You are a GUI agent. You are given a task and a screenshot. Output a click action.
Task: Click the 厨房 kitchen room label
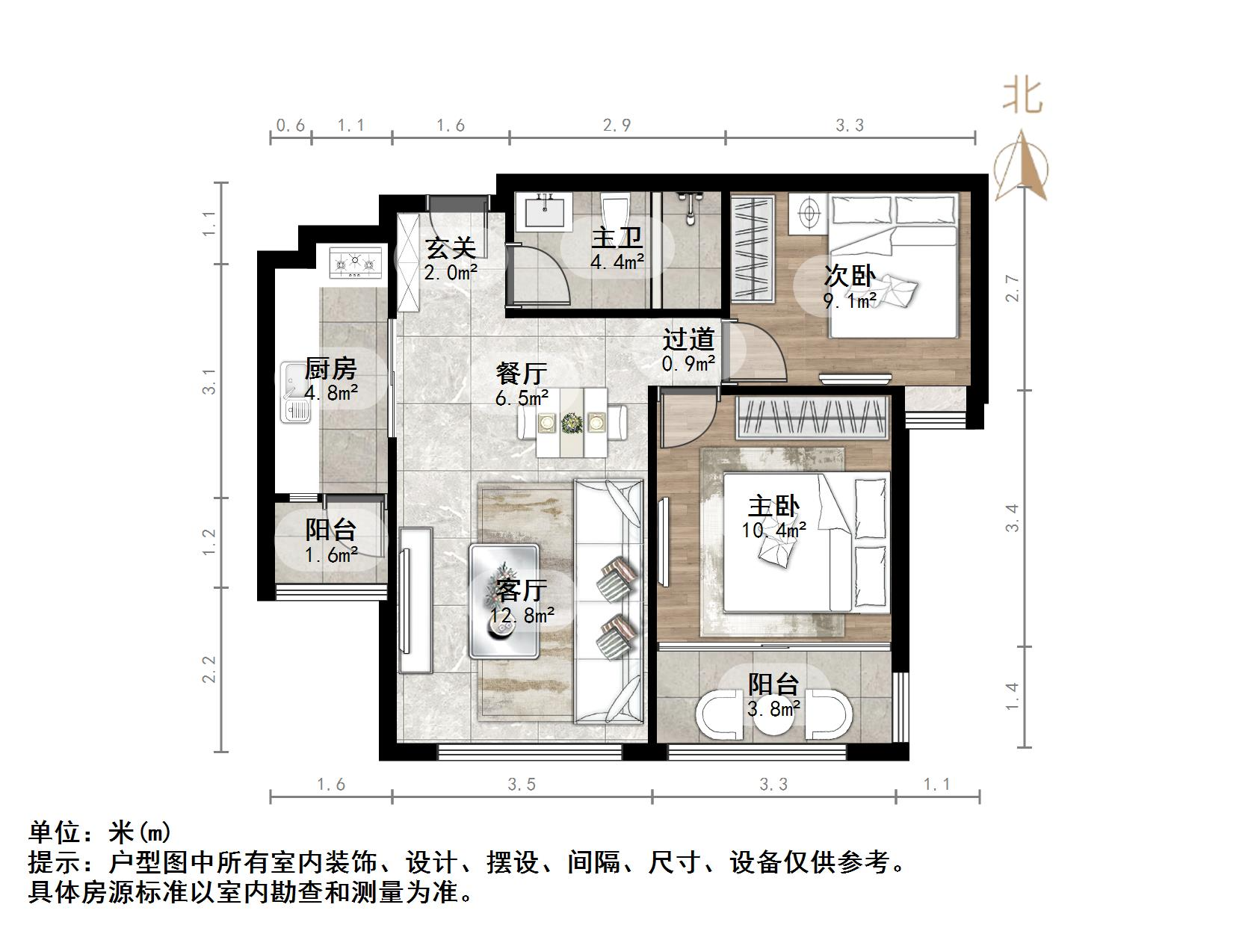point(330,369)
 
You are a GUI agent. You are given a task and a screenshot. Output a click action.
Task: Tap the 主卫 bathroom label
point(617,238)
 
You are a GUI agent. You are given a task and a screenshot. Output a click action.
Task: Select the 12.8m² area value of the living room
point(522,615)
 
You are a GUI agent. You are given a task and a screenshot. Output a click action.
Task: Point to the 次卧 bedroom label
point(850,276)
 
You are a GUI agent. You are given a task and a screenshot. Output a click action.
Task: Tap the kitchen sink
point(296,393)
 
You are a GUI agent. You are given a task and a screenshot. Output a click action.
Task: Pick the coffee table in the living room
point(504,601)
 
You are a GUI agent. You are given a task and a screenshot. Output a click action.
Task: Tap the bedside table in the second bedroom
point(808,214)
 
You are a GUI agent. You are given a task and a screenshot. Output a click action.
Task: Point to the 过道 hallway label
point(688,340)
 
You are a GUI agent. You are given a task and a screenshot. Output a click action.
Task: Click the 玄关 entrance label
point(451,247)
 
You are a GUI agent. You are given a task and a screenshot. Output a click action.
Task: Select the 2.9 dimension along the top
point(617,125)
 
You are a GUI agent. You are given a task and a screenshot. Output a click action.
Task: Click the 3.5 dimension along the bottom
point(522,784)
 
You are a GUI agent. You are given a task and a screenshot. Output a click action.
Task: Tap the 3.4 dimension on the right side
point(1012,518)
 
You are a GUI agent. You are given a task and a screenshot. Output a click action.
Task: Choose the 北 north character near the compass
point(1022,96)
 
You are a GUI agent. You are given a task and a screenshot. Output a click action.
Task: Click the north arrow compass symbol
point(1021,166)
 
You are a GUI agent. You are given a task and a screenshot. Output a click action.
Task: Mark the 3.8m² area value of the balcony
point(774,708)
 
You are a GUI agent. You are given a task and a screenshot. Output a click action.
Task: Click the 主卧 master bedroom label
point(774,507)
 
